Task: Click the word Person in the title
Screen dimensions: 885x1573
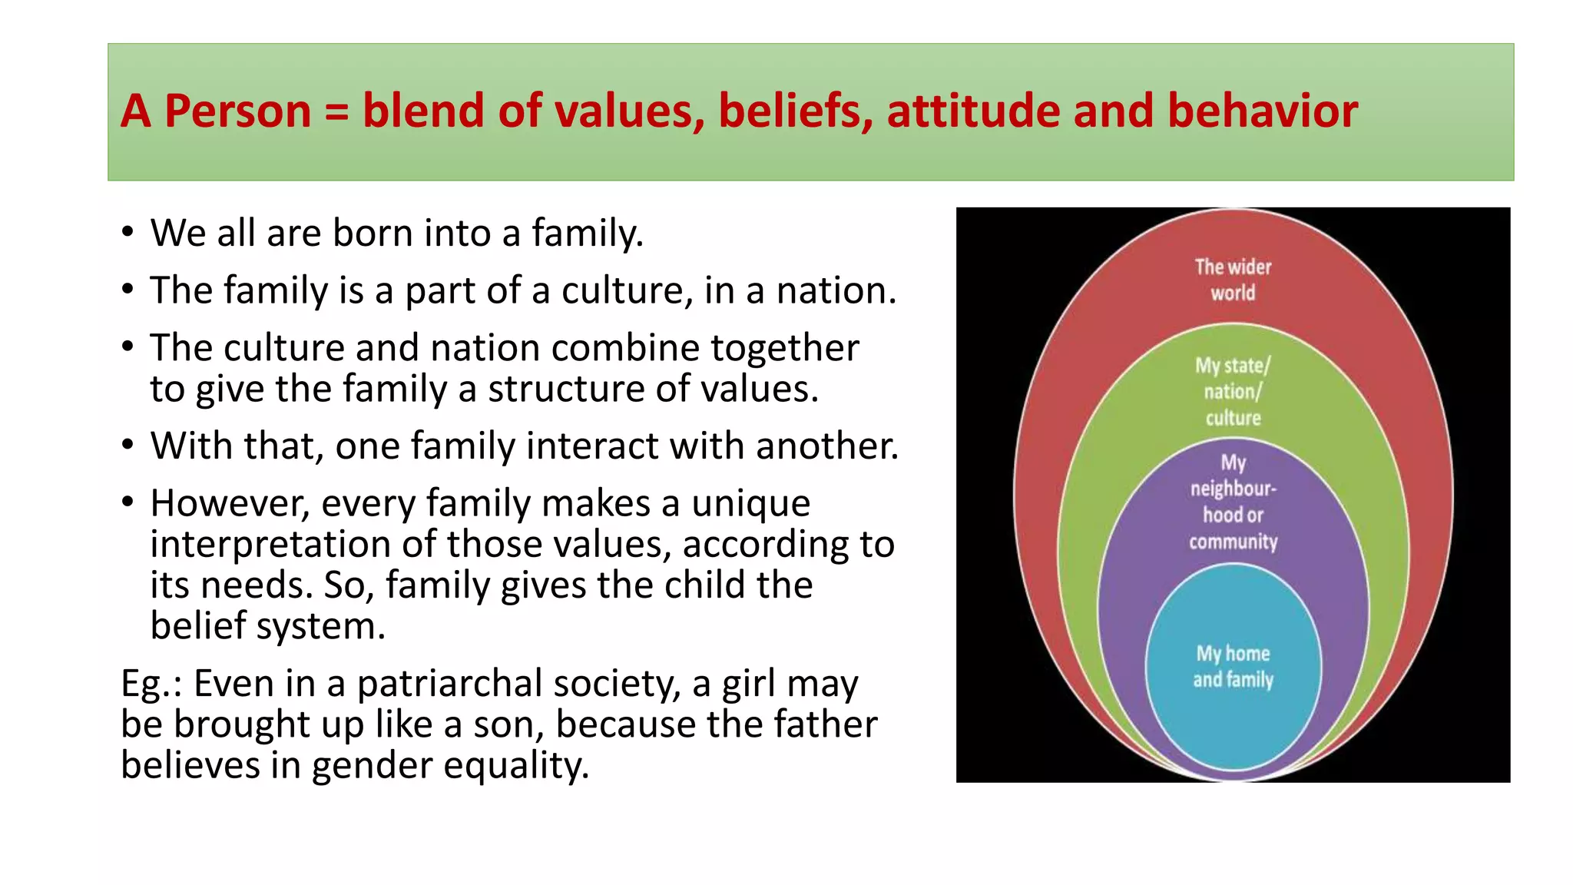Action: (x=237, y=111)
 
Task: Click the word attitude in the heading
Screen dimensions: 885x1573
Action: (x=972, y=111)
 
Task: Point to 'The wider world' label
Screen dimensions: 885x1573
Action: (x=1233, y=280)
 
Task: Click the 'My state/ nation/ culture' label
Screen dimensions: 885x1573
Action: (x=1233, y=391)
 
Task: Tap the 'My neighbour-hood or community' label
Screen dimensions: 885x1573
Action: (x=1233, y=502)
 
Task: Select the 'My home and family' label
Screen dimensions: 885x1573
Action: (x=1233, y=666)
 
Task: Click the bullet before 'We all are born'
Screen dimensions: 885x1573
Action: (x=127, y=233)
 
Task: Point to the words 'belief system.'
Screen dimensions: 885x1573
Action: (x=267, y=626)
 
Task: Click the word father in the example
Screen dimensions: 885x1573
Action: (x=825, y=724)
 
